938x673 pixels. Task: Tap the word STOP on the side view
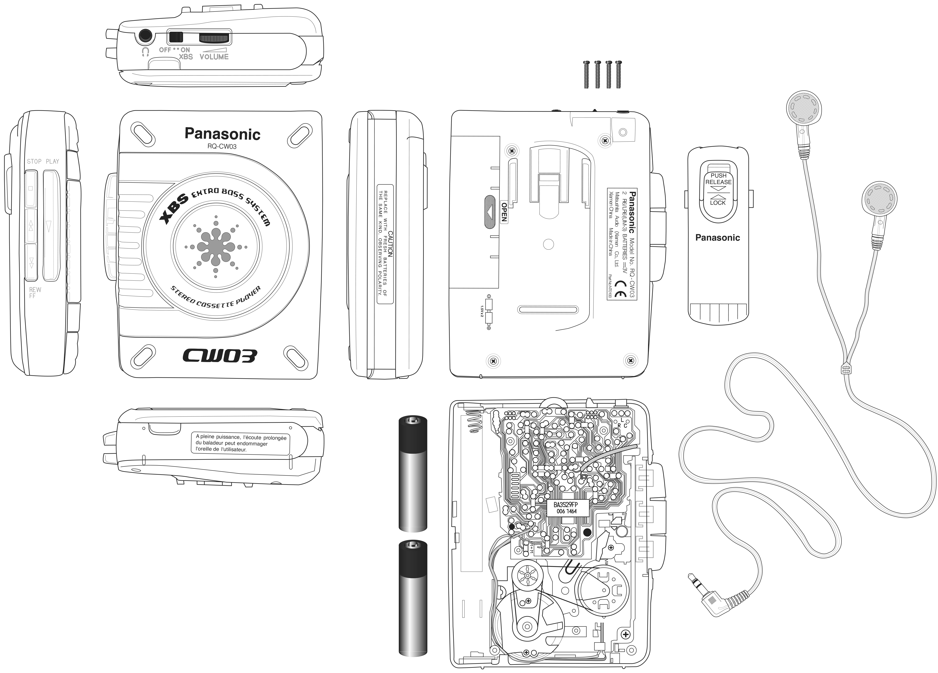pos(34,161)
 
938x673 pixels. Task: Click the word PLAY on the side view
pos(52,161)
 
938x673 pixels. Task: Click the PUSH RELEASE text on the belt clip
pos(718,179)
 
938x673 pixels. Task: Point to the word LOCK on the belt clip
pos(718,203)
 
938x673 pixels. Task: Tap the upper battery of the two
pos(413,474)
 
